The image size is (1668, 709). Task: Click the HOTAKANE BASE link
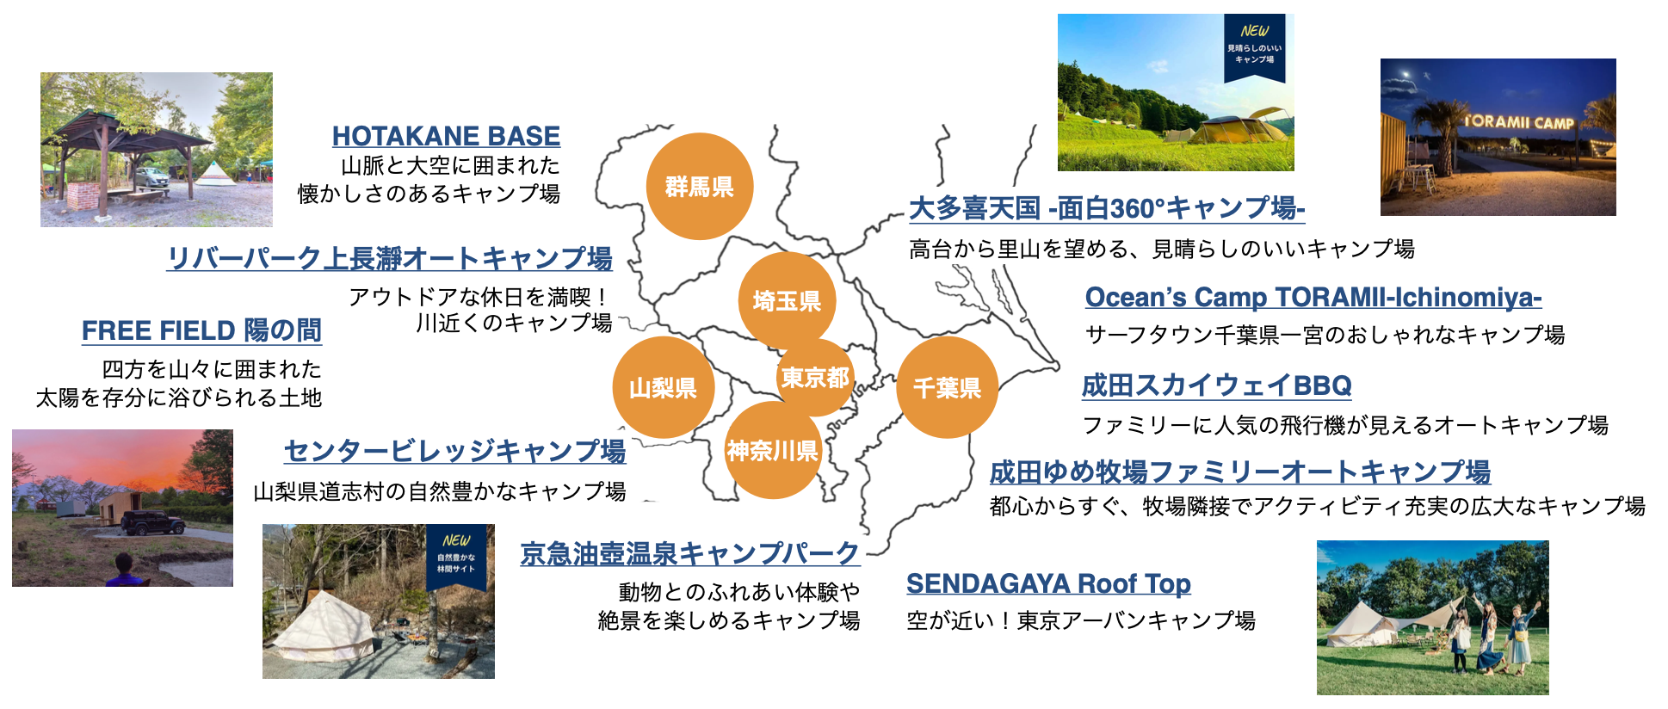pyautogui.click(x=446, y=136)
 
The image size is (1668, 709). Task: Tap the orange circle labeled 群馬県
pyautogui.click(x=700, y=187)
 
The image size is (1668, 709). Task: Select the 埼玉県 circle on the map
pyautogui.click(x=787, y=300)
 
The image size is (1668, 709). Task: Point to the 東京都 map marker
pyautogui.click(x=815, y=377)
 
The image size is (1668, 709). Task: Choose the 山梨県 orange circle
pyautogui.click(x=663, y=388)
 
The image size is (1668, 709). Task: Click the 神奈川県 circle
pyautogui.click(x=772, y=451)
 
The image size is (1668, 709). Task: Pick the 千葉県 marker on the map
pyautogui.click(x=947, y=388)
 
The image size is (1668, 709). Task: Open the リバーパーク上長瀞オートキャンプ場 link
pyautogui.click(x=390, y=258)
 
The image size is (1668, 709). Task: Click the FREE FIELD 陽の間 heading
pyautogui.click(x=201, y=330)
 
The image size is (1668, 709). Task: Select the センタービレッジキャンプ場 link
pyautogui.click(x=454, y=451)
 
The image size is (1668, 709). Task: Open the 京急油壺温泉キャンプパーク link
pyautogui.click(x=690, y=553)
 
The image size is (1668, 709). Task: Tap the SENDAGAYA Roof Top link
pyautogui.click(x=1048, y=583)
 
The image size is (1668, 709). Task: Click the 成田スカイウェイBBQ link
pyautogui.click(x=1216, y=385)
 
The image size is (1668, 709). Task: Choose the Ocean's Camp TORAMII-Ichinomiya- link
pyautogui.click(x=1313, y=297)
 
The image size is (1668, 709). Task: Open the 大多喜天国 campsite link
pyautogui.click(x=1107, y=208)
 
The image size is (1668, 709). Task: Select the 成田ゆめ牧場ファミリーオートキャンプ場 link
pyautogui.click(x=1239, y=472)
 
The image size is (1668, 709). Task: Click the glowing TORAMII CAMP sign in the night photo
pyautogui.click(x=1519, y=122)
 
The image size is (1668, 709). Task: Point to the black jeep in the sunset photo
pyautogui.click(x=153, y=521)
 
